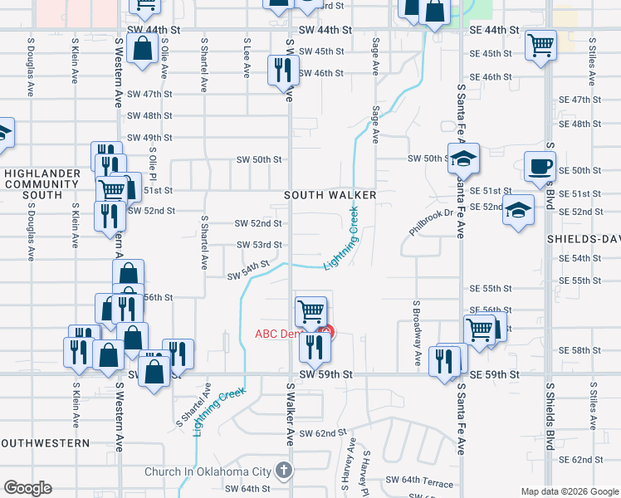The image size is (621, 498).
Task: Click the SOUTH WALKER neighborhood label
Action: (x=330, y=195)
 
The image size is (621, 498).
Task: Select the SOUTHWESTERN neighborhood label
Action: (x=45, y=443)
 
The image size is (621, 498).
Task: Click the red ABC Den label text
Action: (x=277, y=334)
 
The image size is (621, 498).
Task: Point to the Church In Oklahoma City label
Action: (x=208, y=471)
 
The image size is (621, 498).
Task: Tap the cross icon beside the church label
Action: (x=284, y=471)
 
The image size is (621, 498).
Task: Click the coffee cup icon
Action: (x=540, y=167)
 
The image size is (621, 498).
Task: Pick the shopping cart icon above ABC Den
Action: (x=310, y=311)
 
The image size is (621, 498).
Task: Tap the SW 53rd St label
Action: (x=259, y=245)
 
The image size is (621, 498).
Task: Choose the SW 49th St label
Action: (x=149, y=138)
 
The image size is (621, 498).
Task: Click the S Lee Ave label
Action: (x=247, y=57)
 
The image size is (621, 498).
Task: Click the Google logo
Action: (x=27, y=488)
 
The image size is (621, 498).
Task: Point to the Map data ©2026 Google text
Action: (x=569, y=491)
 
